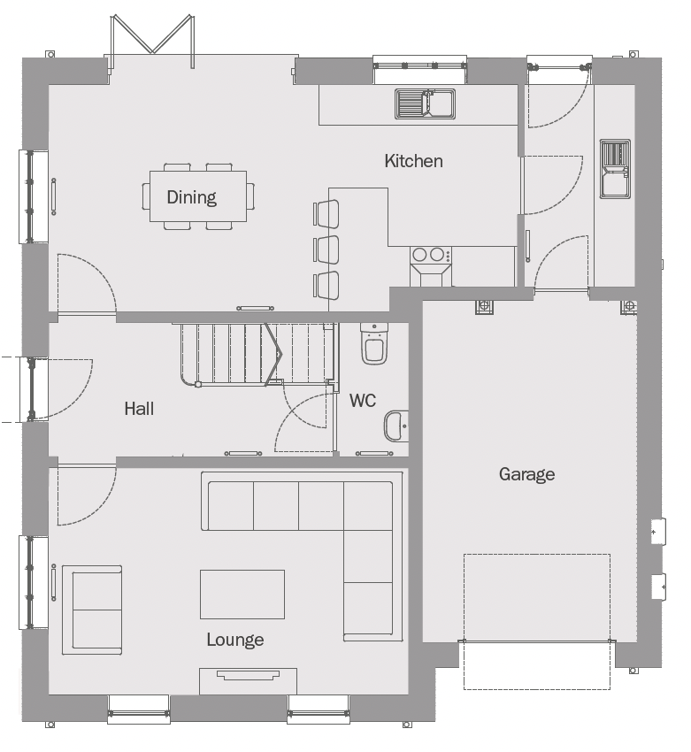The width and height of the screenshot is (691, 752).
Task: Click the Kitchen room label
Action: (x=413, y=161)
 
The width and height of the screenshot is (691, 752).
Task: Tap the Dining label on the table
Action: (x=192, y=197)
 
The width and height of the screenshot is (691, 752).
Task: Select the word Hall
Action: (x=139, y=409)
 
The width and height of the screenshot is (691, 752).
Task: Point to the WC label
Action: (x=363, y=400)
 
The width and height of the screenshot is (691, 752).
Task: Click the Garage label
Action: (x=527, y=474)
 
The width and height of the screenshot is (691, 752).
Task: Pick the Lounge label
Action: (x=235, y=640)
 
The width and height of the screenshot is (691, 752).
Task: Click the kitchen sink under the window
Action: (x=425, y=104)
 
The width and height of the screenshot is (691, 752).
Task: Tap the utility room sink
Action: (x=615, y=169)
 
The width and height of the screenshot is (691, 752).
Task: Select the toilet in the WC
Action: (x=374, y=343)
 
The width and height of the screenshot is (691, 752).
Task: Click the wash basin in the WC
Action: (x=396, y=426)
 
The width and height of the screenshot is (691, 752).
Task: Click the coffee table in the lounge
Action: (x=242, y=595)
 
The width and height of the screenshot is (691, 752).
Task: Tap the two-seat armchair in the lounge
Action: (x=92, y=610)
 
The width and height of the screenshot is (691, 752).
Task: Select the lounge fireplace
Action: (x=248, y=681)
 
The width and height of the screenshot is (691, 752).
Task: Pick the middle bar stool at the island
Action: (x=326, y=249)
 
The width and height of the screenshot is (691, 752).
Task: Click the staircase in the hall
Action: (x=254, y=354)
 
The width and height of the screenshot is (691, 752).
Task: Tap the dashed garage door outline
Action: (x=537, y=622)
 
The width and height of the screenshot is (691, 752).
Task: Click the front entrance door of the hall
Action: (x=34, y=389)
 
